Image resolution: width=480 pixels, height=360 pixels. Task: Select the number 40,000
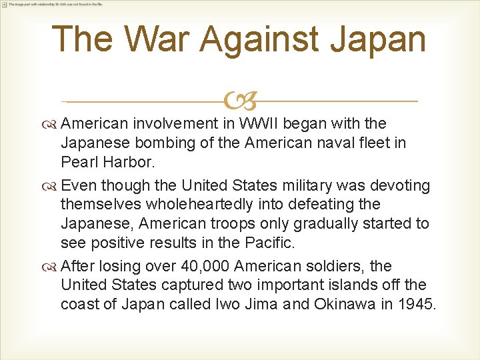coord(205,266)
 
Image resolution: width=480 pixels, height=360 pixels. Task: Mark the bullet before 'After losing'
coord(52,267)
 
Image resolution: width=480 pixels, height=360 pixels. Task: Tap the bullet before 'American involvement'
coord(52,124)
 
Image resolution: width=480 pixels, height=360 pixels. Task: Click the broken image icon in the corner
coord(4,4)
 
